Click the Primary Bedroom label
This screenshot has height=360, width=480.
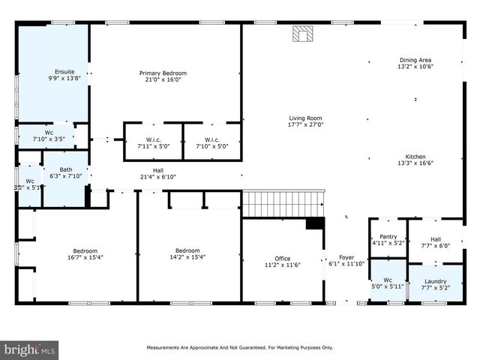(x=163, y=73)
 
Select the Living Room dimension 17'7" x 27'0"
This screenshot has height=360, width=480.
(x=305, y=125)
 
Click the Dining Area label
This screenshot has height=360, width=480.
(x=415, y=60)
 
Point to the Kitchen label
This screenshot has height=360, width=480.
(x=415, y=156)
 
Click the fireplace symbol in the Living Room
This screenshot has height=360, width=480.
(x=302, y=34)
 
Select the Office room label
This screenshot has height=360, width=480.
(x=282, y=258)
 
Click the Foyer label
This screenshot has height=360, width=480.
(x=346, y=257)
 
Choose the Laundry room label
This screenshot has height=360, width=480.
(x=435, y=280)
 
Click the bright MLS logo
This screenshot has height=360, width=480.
(x=29, y=349)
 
